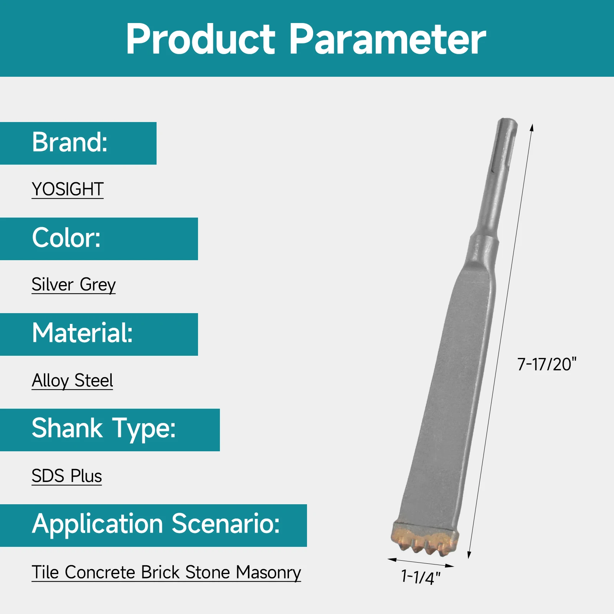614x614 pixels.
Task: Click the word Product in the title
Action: [200, 39]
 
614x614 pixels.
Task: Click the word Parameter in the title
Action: [388, 39]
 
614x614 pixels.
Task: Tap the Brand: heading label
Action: [70, 142]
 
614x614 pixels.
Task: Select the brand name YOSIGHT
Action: [68, 189]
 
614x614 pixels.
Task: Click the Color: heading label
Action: [66, 238]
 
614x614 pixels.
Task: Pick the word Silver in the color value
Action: [53, 285]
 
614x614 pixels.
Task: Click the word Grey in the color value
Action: [97, 285]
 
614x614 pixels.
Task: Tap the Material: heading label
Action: [83, 333]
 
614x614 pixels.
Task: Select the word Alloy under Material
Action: [50, 381]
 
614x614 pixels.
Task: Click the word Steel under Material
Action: [94, 381]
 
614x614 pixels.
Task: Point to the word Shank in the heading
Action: [67, 428]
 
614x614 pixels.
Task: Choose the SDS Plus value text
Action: [67, 476]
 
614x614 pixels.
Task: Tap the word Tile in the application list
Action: [45, 572]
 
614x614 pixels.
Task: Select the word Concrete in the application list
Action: [100, 572]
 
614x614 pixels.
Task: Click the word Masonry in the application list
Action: [268, 572]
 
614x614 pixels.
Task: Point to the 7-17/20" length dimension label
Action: [546, 365]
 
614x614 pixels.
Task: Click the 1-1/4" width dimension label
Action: [421, 577]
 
